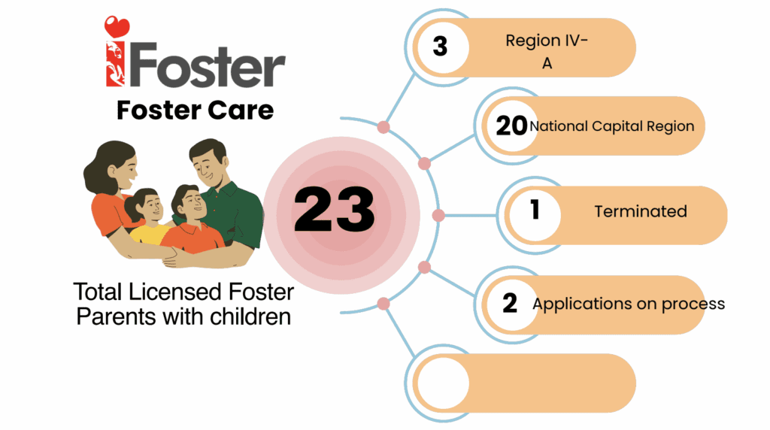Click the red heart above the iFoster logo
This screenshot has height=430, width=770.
click(x=117, y=27)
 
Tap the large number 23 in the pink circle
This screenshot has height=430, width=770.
click(x=335, y=210)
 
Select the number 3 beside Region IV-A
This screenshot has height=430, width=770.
click(x=440, y=47)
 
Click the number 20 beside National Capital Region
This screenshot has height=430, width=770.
click(x=511, y=126)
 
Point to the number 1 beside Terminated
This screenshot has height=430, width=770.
click(x=535, y=209)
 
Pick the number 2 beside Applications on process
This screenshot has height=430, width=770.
click(x=510, y=303)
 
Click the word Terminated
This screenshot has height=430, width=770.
click(x=641, y=211)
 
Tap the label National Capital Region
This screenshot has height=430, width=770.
click(x=612, y=126)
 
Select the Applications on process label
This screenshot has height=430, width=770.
click(x=629, y=304)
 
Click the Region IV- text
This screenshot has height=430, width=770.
click(x=547, y=41)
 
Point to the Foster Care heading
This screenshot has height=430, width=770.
click(x=195, y=110)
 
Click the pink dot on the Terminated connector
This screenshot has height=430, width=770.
click(x=438, y=215)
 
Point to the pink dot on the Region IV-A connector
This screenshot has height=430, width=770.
click(x=383, y=127)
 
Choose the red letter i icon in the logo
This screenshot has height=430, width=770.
click(x=115, y=64)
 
